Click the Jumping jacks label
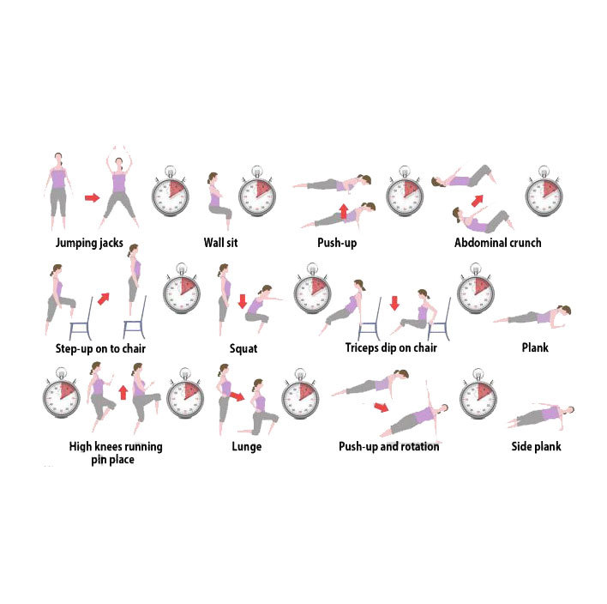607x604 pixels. pyautogui.click(x=89, y=243)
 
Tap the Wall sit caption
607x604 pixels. pyautogui.click(x=220, y=243)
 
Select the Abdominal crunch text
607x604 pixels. pyautogui.click(x=498, y=243)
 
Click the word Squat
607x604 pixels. pyautogui.click(x=243, y=348)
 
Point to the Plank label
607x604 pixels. pyautogui.click(x=535, y=347)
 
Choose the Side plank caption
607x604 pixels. pyautogui.click(x=536, y=446)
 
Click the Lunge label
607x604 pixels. pyautogui.click(x=247, y=447)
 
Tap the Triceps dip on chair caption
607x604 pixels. pyautogui.click(x=391, y=347)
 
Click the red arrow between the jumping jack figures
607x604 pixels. pyautogui.click(x=92, y=197)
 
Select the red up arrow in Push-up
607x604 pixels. pyautogui.click(x=344, y=212)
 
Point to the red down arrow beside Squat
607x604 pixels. pyautogui.click(x=243, y=301)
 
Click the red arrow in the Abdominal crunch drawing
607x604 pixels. pyautogui.click(x=478, y=201)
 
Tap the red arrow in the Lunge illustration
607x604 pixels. pyautogui.click(x=237, y=396)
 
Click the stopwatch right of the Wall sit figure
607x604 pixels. pyautogui.click(x=257, y=191)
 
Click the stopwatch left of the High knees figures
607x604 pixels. pyautogui.click(x=62, y=393)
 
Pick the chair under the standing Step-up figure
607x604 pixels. pyautogui.click(x=135, y=318)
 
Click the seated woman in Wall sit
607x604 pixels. pyautogui.click(x=219, y=201)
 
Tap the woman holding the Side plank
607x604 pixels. pyautogui.click(x=541, y=415)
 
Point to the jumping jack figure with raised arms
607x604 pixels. pyautogui.click(x=119, y=188)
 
